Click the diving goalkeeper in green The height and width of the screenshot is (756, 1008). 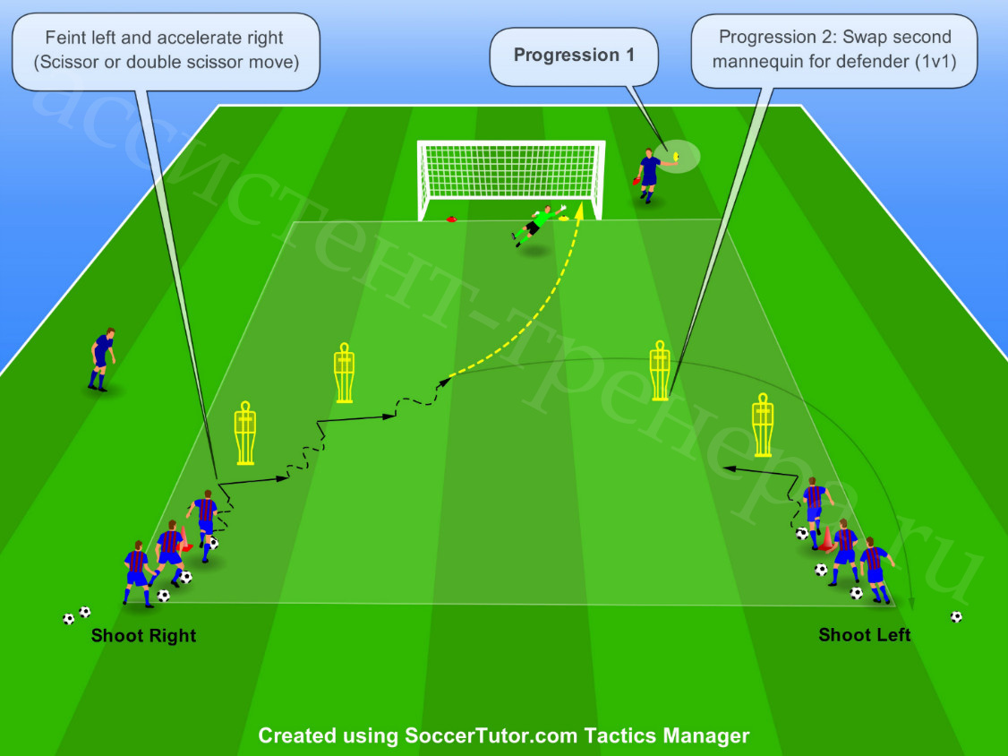point(536,224)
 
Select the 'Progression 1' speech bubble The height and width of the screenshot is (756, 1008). point(574,56)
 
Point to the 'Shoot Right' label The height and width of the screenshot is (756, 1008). point(143,636)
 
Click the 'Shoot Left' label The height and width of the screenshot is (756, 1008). point(864,635)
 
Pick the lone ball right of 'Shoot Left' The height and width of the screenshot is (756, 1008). point(956,617)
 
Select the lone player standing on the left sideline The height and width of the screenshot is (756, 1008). point(101,359)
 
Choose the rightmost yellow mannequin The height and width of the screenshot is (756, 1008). point(763,425)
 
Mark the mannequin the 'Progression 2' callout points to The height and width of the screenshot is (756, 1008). point(660,371)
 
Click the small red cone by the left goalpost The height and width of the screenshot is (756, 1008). point(451,219)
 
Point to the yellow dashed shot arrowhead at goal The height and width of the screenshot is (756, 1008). point(579,209)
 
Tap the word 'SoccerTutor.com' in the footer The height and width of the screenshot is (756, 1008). point(491,735)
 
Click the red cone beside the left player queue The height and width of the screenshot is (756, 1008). point(184,539)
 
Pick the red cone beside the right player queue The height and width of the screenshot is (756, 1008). point(825,539)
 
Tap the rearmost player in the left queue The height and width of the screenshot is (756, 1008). point(139,573)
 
